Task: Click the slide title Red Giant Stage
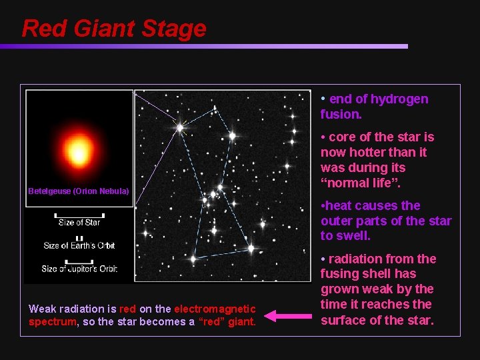[x=114, y=29]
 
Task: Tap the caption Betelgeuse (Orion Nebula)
[x=79, y=191]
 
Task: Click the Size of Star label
[x=79, y=223]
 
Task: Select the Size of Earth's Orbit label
[x=79, y=245]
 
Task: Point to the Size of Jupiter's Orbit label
[x=79, y=269]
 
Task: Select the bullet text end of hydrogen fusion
[x=375, y=107]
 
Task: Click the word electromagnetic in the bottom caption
[x=215, y=309]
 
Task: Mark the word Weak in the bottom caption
[x=43, y=309]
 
